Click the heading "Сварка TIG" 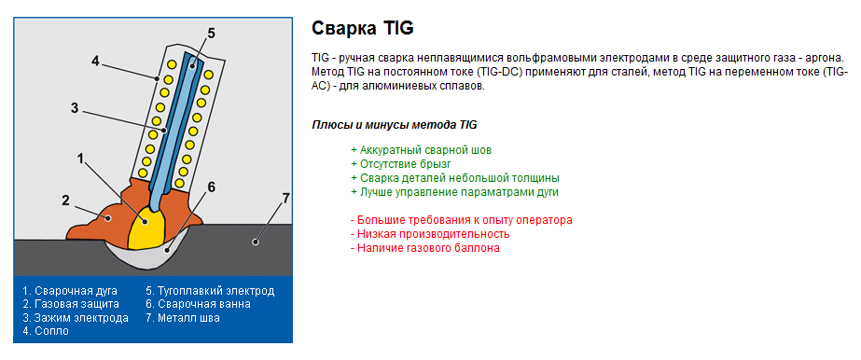pos(362,28)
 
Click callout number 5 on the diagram pos(212,34)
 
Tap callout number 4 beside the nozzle pos(95,61)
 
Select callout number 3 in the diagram pos(75,108)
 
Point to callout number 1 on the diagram pos(80,159)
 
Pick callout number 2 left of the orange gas pos(65,201)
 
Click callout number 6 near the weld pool pos(212,187)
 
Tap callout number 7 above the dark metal pos(285,199)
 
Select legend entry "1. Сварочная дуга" pos(70,291)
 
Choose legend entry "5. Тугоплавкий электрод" pos(210,291)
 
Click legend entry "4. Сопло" pos(46,331)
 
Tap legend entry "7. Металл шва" pos(183,318)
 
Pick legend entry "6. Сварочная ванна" pos(199,304)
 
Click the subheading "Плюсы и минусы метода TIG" pos(395,125)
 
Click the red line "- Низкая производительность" pos(430,234)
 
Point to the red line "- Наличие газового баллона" pos(425,248)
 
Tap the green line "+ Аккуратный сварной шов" pos(421,150)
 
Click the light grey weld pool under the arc pos(165,253)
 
